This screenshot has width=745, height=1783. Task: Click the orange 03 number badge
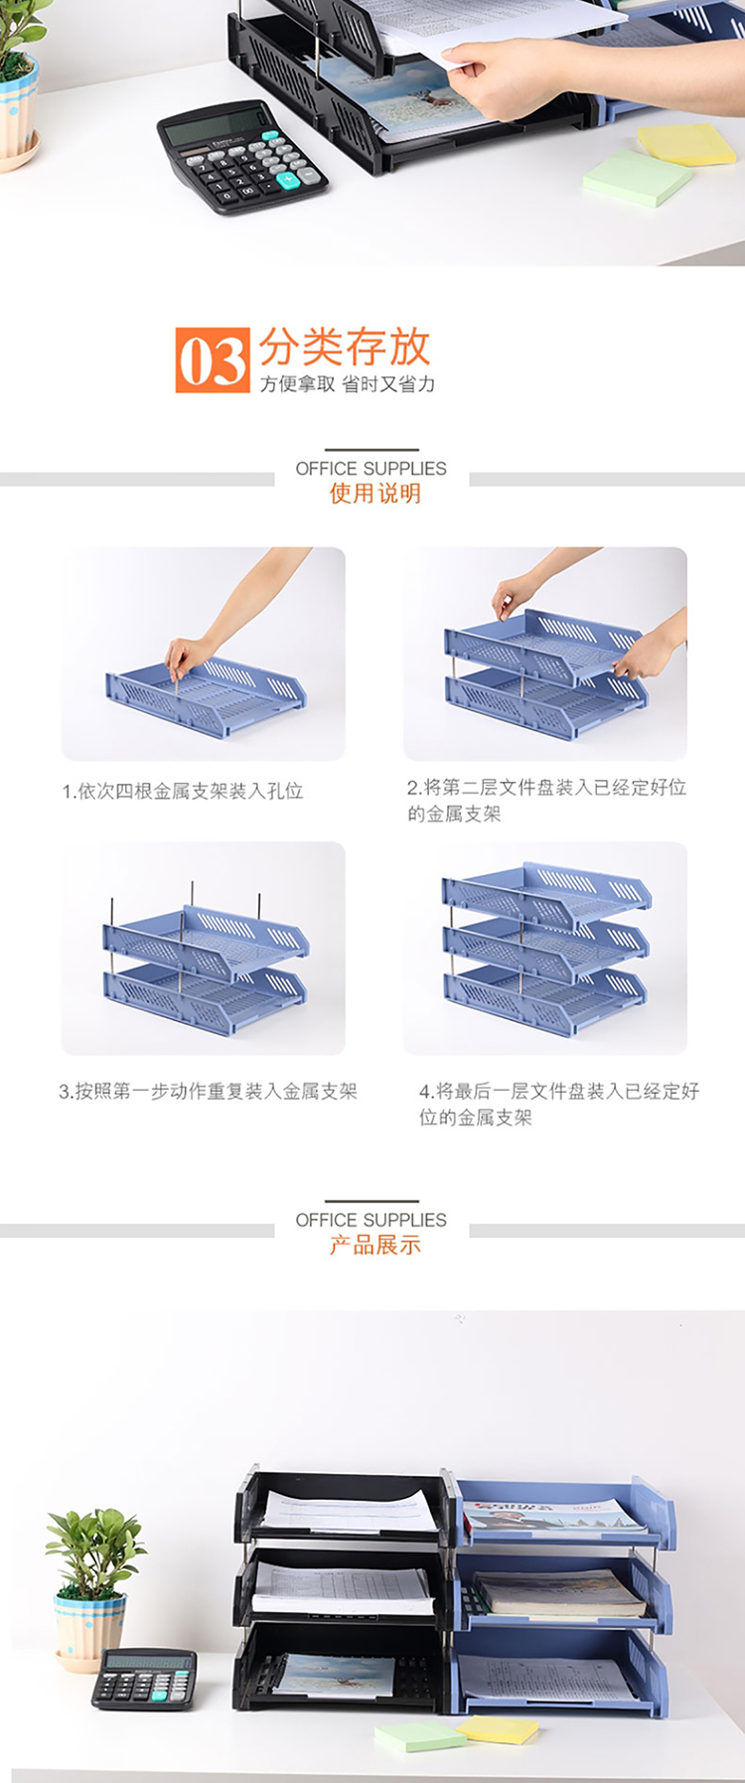tap(213, 360)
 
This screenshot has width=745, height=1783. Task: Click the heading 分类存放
tap(345, 347)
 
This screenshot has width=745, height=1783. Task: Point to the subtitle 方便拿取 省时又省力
tap(348, 384)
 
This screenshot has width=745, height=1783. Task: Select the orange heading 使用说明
tap(375, 494)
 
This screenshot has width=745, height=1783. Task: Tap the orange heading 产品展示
tap(375, 1245)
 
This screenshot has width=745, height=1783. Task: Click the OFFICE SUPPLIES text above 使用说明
tap(372, 468)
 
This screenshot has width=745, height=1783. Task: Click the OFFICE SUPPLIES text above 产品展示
tap(372, 1220)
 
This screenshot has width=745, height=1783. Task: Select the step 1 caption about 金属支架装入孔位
tap(183, 791)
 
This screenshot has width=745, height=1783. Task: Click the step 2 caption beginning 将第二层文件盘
tap(546, 801)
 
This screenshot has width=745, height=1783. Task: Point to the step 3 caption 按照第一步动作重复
tap(208, 1091)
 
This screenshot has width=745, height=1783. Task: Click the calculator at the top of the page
tap(241, 156)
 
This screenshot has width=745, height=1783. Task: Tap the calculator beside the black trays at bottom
tap(144, 1679)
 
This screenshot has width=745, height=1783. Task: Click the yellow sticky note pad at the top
tap(686, 144)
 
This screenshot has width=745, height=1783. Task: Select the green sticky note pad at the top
tap(637, 178)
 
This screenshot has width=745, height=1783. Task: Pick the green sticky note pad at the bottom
tap(419, 1736)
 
